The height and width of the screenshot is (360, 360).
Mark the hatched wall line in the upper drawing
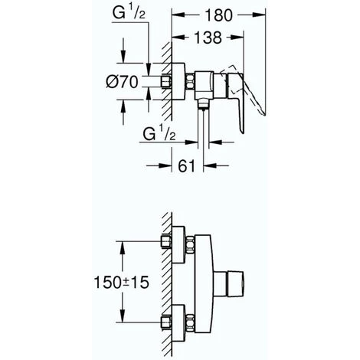(164, 77)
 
